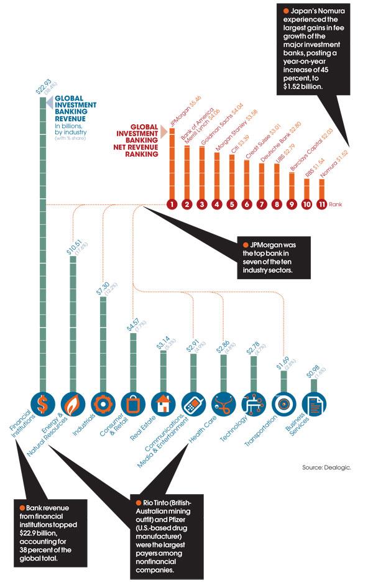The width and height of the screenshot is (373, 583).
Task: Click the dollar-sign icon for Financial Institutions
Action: click(42, 405)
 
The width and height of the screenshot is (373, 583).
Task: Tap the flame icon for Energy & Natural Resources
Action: click(71, 405)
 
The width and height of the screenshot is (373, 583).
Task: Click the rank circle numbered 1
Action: click(172, 203)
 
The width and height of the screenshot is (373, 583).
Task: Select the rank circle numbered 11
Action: click(321, 203)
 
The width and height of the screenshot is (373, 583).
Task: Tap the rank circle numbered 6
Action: click(247, 203)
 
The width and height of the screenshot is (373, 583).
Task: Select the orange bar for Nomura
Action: click(321, 189)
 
